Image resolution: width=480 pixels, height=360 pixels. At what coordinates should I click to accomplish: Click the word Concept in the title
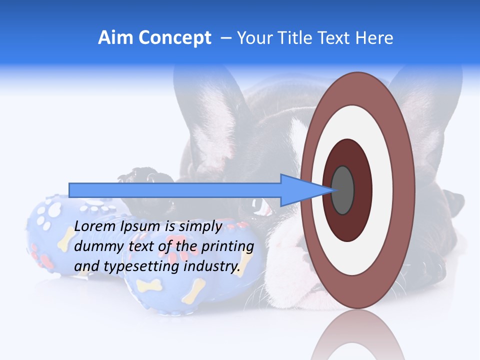tap(175, 38)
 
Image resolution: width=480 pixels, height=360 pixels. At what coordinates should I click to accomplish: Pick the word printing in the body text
tap(228, 246)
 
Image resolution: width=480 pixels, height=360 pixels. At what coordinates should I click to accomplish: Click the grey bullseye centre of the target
tap(343, 190)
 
